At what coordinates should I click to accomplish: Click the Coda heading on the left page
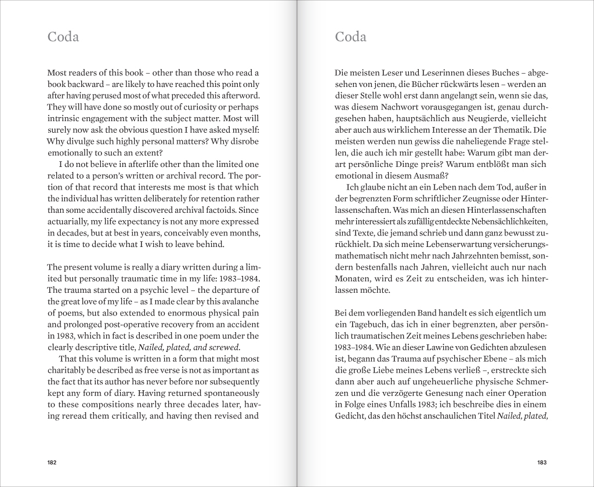pos(63,37)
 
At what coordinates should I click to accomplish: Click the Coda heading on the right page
pos(350,37)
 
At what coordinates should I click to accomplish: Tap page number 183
pos(542,462)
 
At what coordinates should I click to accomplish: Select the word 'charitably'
pos(68,369)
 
